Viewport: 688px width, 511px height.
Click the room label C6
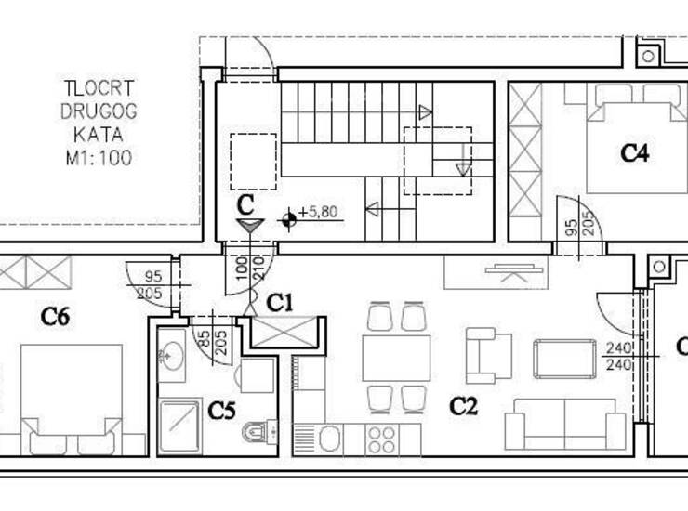coord(55,317)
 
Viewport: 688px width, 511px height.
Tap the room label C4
coord(634,153)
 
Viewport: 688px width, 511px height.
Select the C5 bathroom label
coord(221,411)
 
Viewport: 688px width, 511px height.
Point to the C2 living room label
coord(463,406)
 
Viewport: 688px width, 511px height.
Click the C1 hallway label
coord(280,303)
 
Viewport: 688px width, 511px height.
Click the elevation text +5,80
coord(318,212)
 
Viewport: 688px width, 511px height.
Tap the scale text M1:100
coord(99,158)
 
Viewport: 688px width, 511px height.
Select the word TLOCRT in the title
coord(99,88)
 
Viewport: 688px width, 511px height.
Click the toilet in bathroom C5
coord(259,430)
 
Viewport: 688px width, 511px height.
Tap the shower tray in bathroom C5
coord(179,426)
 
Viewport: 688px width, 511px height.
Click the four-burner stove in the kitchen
coord(381,440)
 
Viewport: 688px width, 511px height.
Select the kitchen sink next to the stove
coord(330,439)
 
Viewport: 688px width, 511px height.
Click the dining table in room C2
coord(396,358)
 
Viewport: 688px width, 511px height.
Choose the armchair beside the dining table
coord(489,355)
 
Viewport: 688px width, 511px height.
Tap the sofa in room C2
coord(565,425)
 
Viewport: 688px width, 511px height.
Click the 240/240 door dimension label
coord(618,356)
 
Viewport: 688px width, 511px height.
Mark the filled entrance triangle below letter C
coord(250,226)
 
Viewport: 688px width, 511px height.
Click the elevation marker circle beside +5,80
coord(289,220)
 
